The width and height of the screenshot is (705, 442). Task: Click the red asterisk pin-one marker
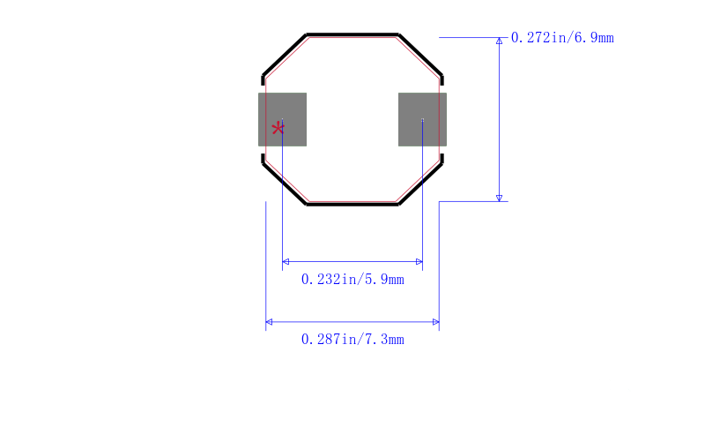coord(278,129)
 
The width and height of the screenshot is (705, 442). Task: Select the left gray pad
coord(282,119)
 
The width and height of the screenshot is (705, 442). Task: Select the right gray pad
coord(422,119)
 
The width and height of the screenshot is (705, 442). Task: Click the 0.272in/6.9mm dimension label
coord(562,37)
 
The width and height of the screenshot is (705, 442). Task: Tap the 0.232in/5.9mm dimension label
coord(352,280)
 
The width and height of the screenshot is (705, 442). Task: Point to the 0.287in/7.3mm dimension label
coord(352,340)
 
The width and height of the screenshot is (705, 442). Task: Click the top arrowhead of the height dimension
coord(499,41)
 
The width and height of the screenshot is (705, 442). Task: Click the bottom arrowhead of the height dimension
coord(499,198)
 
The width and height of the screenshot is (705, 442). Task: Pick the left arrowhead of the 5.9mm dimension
coord(286,261)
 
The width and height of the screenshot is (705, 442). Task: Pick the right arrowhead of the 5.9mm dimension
coord(419,261)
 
